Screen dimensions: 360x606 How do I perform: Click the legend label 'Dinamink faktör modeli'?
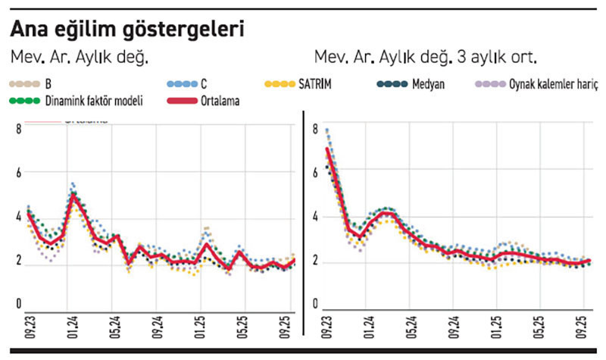click(x=94, y=100)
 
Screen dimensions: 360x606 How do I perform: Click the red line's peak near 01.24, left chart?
click(x=73, y=195)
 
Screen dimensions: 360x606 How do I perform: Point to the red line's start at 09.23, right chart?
click(x=327, y=149)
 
